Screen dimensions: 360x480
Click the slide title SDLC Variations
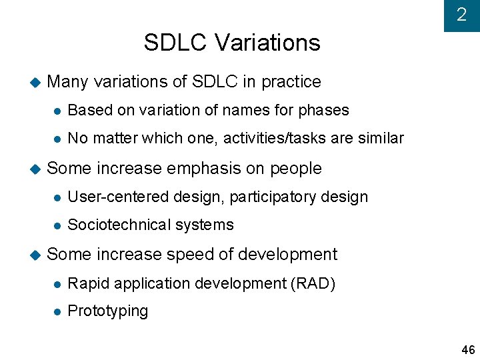point(232,43)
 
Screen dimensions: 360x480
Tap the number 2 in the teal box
point(461,15)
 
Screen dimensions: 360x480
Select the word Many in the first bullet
point(68,82)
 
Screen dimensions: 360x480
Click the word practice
point(291,82)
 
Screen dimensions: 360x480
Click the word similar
point(380,138)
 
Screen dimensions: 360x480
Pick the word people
point(296,169)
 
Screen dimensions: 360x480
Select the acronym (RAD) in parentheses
point(313,283)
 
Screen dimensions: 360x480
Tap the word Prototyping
point(108,311)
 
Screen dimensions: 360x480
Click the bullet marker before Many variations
point(35,83)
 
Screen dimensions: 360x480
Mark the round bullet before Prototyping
point(57,311)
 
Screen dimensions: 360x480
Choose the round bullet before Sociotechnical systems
point(57,225)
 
